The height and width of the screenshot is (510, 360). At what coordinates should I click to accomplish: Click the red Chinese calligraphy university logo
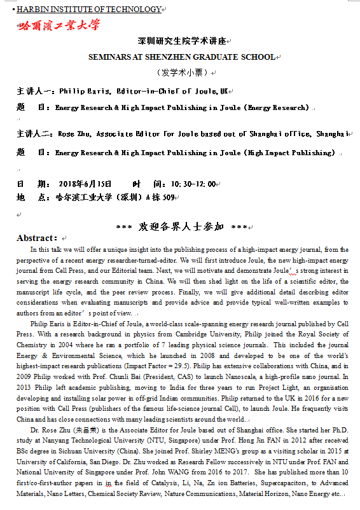click(59, 25)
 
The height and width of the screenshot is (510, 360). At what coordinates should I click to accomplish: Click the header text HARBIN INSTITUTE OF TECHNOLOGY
click(88, 9)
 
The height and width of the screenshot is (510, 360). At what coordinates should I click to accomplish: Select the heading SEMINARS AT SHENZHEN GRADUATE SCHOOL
click(182, 57)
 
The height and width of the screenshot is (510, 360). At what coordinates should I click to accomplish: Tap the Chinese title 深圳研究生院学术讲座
click(181, 42)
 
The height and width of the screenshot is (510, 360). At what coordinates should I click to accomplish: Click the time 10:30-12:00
click(193, 184)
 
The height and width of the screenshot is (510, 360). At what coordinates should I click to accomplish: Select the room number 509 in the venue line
click(167, 198)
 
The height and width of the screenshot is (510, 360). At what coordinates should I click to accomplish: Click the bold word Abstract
click(37, 238)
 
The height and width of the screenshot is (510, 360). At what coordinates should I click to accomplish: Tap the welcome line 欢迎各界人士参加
click(181, 226)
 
